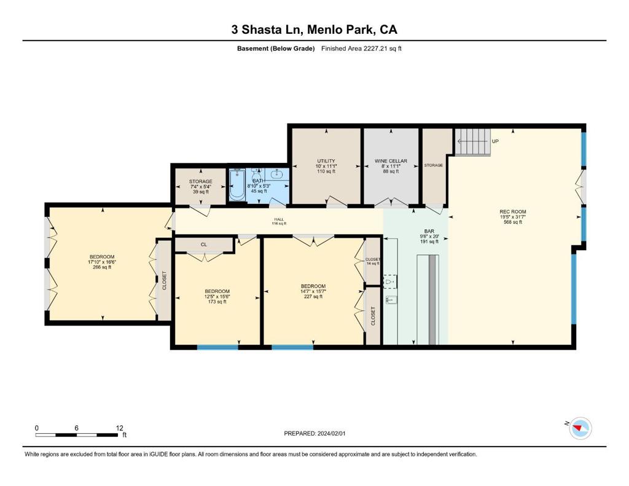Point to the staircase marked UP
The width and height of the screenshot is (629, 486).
[x=473, y=142]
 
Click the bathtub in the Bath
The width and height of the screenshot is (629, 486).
[x=237, y=184]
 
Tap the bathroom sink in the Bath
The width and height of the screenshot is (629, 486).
[x=276, y=174]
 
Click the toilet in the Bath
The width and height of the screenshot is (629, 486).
[x=256, y=175]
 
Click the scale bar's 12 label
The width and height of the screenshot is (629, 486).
[x=119, y=428]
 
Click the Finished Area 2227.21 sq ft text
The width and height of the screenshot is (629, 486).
[x=361, y=49]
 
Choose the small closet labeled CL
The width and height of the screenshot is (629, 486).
[x=204, y=245]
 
